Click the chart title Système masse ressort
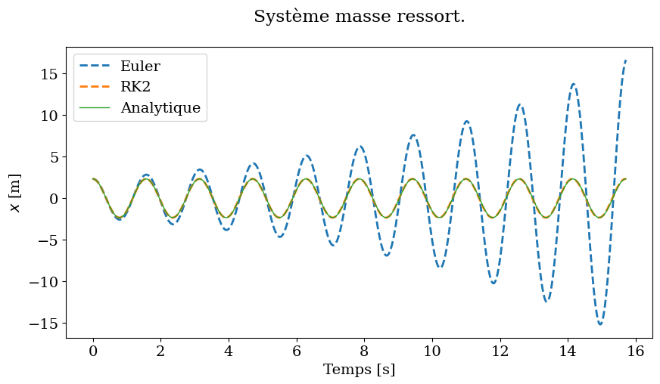359,17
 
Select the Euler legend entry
140,67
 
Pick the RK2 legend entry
135,87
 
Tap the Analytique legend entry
160,108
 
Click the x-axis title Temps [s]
359,370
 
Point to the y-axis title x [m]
15,192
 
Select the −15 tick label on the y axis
43,324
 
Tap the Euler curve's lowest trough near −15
600,324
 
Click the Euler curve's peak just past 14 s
574,84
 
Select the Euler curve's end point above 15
626,60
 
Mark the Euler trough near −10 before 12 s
493,283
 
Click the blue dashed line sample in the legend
95,67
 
